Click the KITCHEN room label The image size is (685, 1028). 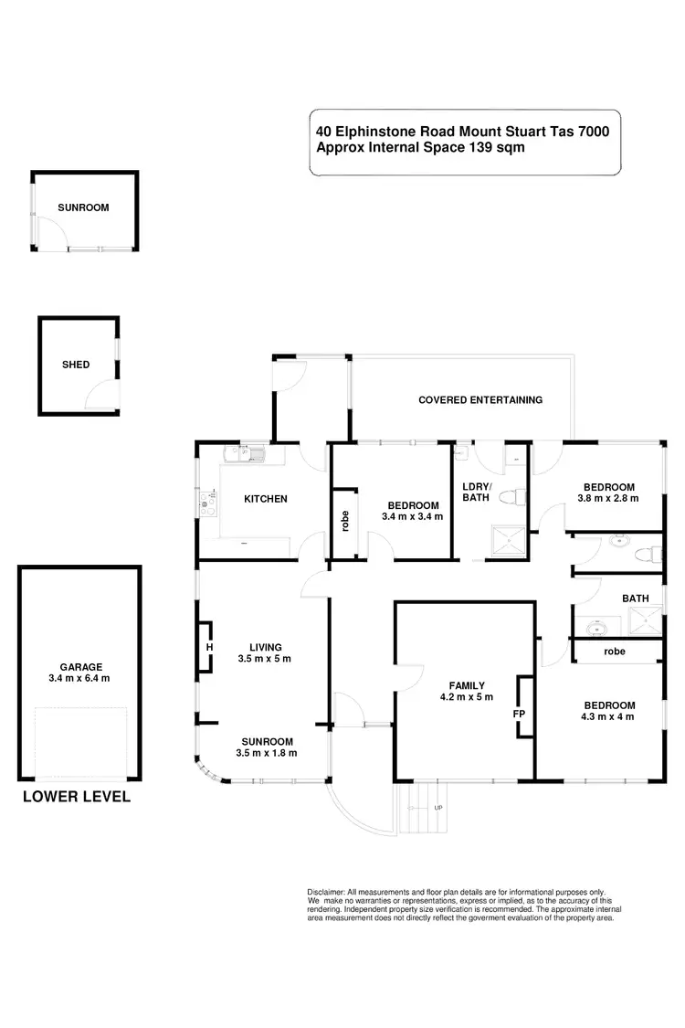(266, 499)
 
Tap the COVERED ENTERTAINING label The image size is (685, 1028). (480, 400)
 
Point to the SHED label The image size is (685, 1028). (76, 365)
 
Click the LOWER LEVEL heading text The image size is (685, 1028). (77, 797)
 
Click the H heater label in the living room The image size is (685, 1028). (210, 648)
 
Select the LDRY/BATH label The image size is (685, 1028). (477, 492)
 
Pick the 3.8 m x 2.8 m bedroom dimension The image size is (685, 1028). (607, 499)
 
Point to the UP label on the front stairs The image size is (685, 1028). (438, 808)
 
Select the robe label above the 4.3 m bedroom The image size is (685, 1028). (615, 652)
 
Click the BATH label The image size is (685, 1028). (635, 599)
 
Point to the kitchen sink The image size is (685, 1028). (246, 454)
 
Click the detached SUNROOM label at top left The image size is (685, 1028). (83, 207)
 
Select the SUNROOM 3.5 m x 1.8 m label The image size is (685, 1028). (267, 747)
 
